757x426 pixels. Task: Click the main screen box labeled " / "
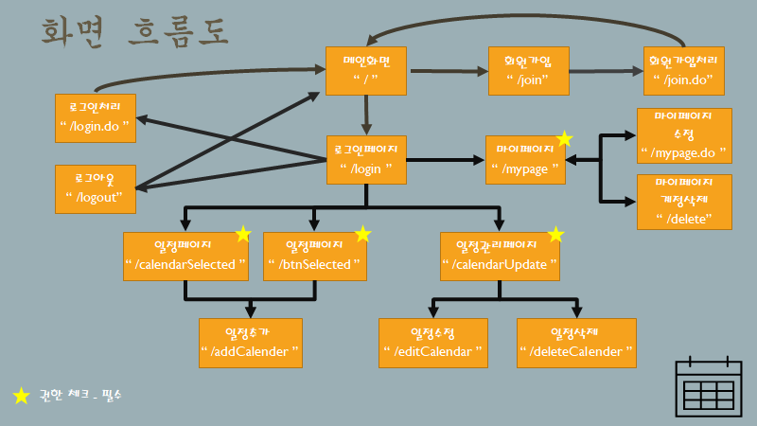[x=364, y=71]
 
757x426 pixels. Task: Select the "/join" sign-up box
[x=528, y=71]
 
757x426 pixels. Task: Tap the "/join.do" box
[x=683, y=71]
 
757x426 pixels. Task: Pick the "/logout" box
[x=95, y=186]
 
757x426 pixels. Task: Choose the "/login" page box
[x=365, y=158]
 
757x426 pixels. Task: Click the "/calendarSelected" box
[x=186, y=256]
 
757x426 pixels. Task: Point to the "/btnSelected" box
[x=315, y=256]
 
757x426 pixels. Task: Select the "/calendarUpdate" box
[x=501, y=256]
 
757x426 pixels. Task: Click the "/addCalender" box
[x=250, y=342]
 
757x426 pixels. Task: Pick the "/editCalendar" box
[x=433, y=342]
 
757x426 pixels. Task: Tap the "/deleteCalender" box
[x=576, y=342]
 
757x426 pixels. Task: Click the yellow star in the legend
[x=21, y=396]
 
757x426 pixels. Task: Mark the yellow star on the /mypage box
[x=564, y=139]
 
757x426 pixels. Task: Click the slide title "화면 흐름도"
[x=134, y=30]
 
